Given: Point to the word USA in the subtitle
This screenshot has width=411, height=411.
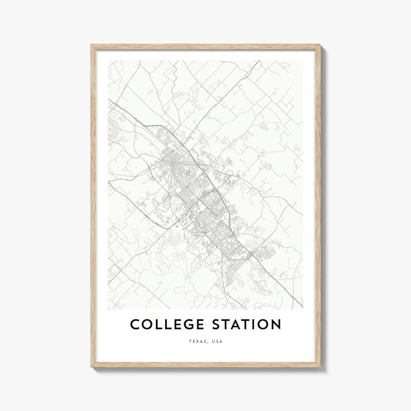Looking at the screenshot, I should pyautogui.click(x=218, y=341).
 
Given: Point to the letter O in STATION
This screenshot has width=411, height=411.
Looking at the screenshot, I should pyautogui.click(x=262, y=325).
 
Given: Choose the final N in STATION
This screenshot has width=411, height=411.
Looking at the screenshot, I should pyautogui.click(x=276, y=325).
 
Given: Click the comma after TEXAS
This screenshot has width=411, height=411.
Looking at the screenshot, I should pyautogui.click(x=208, y=342).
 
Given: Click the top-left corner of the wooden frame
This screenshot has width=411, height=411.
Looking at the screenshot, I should pyautogui.click(x=91, y=45).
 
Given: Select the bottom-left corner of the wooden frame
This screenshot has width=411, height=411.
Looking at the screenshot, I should pyautogui.click(x=91, y=366).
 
